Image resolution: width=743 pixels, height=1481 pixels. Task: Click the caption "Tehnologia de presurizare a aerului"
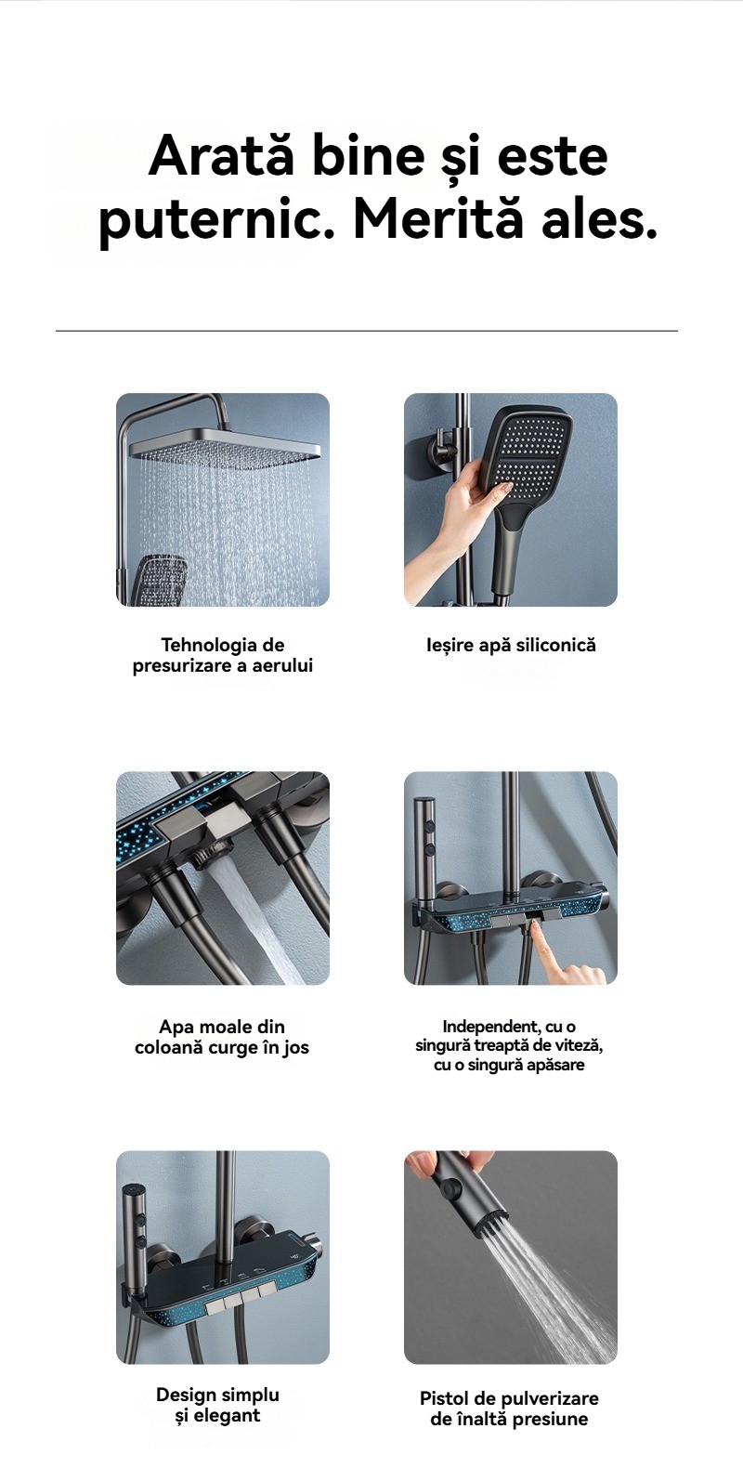click(223, 654)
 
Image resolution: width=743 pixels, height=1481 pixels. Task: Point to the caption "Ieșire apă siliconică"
click(511, 646)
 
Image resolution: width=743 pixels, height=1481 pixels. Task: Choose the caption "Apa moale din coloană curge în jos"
click(222, 1037)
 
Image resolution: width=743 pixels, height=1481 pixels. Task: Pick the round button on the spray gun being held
click(452, 1186)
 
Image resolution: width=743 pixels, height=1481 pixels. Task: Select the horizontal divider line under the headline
click(367, 331)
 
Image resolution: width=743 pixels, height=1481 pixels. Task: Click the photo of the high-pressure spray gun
click(511, 1257)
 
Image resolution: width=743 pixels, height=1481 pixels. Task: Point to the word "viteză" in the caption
click(579, 1045)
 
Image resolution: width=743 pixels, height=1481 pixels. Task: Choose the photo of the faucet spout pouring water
click(223, 878)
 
